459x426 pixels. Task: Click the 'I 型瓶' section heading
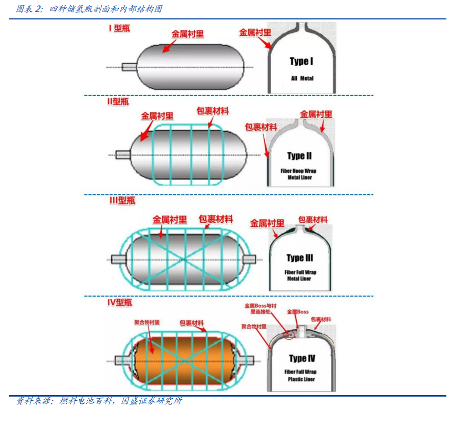coord(119,28)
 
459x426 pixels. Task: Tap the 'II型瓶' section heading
coord(118,101)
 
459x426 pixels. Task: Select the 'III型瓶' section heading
coord(122,201)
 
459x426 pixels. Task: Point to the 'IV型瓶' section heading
coord(120,302)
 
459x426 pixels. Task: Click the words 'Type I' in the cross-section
coord(301,61)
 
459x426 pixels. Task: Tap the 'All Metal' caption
coord(302,78)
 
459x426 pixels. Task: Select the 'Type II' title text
coord(299,156)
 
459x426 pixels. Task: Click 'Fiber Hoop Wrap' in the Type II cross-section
coord(298,171)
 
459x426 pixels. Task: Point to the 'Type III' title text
coord(300,258)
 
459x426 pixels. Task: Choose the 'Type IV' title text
coord(302,358)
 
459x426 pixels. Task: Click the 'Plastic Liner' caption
coord(301,379)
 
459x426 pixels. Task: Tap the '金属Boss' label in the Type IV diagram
coord(298,312)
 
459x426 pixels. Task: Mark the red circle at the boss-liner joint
coord(289,335)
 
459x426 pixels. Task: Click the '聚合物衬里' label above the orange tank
coord(147,323)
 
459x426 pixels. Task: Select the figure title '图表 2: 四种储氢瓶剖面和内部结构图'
coord(89,9)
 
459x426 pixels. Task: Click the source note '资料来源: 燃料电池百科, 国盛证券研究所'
coord(99,401)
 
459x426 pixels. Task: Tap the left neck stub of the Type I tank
coord(129,67)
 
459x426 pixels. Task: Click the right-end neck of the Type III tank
coord(249,259)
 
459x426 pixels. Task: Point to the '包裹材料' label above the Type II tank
coord(213,111)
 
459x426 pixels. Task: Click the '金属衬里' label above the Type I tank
coord(187,34)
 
